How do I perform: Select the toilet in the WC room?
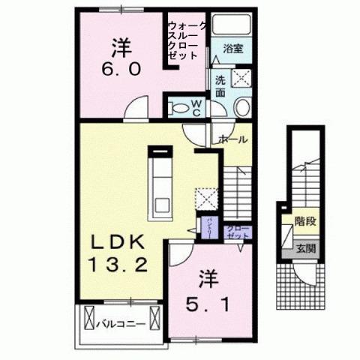pyautogui.click(x=181, y=107)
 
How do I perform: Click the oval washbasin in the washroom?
pyautogui.click(x=242, y=108)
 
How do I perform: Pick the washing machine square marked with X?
pyautogui.click(x=242, y=78)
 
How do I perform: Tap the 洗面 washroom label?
pyautogui.click(x=220, y=85)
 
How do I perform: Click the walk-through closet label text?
pyautogui.click(x=187, y=40)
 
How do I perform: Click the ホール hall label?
pyautogui.click(x=232, y=139)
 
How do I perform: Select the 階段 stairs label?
pyautogui.click(x=304, y=220)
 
